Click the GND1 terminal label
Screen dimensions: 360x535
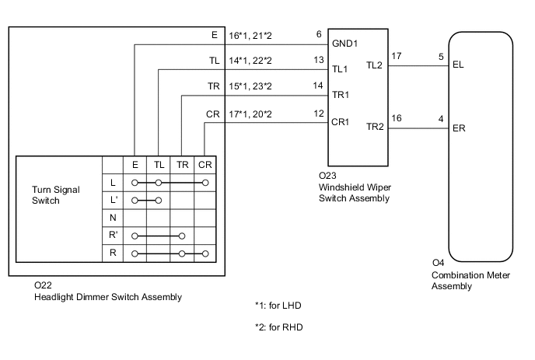tap(344, 45)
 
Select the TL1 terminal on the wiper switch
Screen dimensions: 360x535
tap(341, 68)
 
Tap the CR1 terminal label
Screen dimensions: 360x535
tap(341, 122)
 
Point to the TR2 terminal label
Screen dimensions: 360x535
tap(376, 128)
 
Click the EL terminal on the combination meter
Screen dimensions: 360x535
tap(457, 67)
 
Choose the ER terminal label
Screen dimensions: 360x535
tap(458, 129)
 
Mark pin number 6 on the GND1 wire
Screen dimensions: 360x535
tap(319, 34)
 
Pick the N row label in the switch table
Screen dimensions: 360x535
tap(113, 217)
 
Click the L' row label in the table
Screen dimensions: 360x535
tap(114, 200)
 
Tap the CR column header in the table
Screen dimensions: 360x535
tap(205, 164)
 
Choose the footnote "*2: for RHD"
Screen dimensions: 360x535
tap(278, 327)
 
